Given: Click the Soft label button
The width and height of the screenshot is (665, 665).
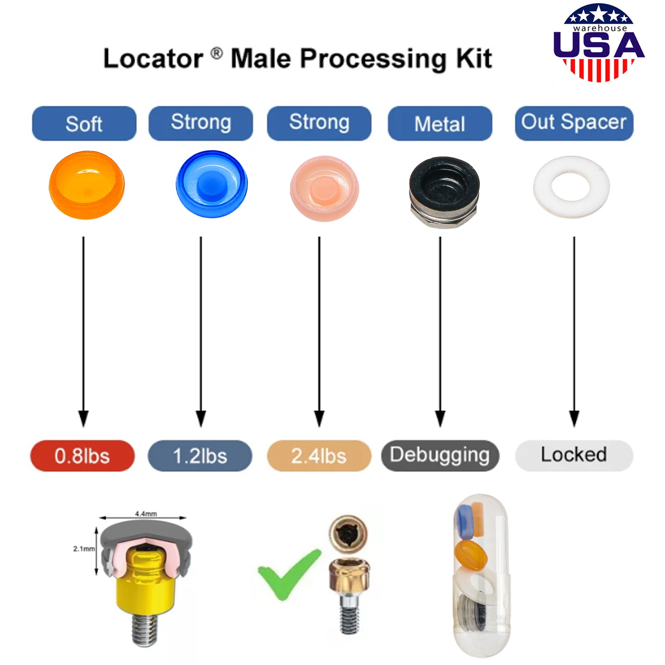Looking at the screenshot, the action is (84, 123).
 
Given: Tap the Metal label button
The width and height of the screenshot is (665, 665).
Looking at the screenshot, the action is (440, 123).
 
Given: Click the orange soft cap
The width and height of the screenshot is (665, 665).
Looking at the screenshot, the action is (86, 185).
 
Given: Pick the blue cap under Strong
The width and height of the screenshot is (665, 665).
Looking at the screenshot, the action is (212, 184).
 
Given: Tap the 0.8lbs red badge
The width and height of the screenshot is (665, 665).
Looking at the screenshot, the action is (82, 456).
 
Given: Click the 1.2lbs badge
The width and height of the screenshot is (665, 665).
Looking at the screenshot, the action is (200, 456).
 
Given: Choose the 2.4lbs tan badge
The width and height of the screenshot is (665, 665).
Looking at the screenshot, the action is (319, 456).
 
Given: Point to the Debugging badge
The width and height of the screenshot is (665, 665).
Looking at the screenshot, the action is (440, 456).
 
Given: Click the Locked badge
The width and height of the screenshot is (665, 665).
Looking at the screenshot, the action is (574, 456).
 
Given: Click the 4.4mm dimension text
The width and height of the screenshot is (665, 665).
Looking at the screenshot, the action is (146, 514).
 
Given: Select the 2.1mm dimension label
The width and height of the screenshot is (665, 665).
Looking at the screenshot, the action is (84, 549).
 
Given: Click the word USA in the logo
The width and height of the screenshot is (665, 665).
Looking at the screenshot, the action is (598, 44).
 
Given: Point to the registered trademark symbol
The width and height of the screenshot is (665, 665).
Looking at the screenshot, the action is (216, 53).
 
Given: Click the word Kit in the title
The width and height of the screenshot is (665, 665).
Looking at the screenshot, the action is (474, 58).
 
